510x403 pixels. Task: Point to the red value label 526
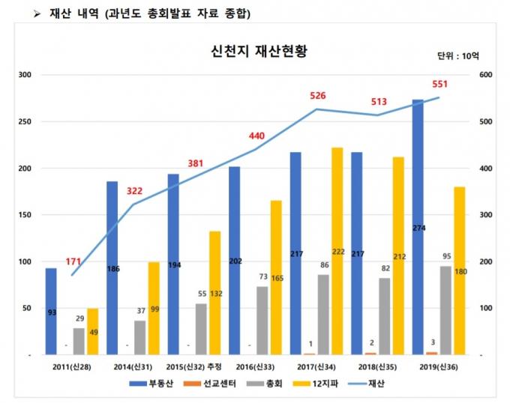318,96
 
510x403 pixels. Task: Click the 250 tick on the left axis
24,122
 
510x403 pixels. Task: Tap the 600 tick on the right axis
485,75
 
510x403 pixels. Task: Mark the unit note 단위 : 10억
457,56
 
